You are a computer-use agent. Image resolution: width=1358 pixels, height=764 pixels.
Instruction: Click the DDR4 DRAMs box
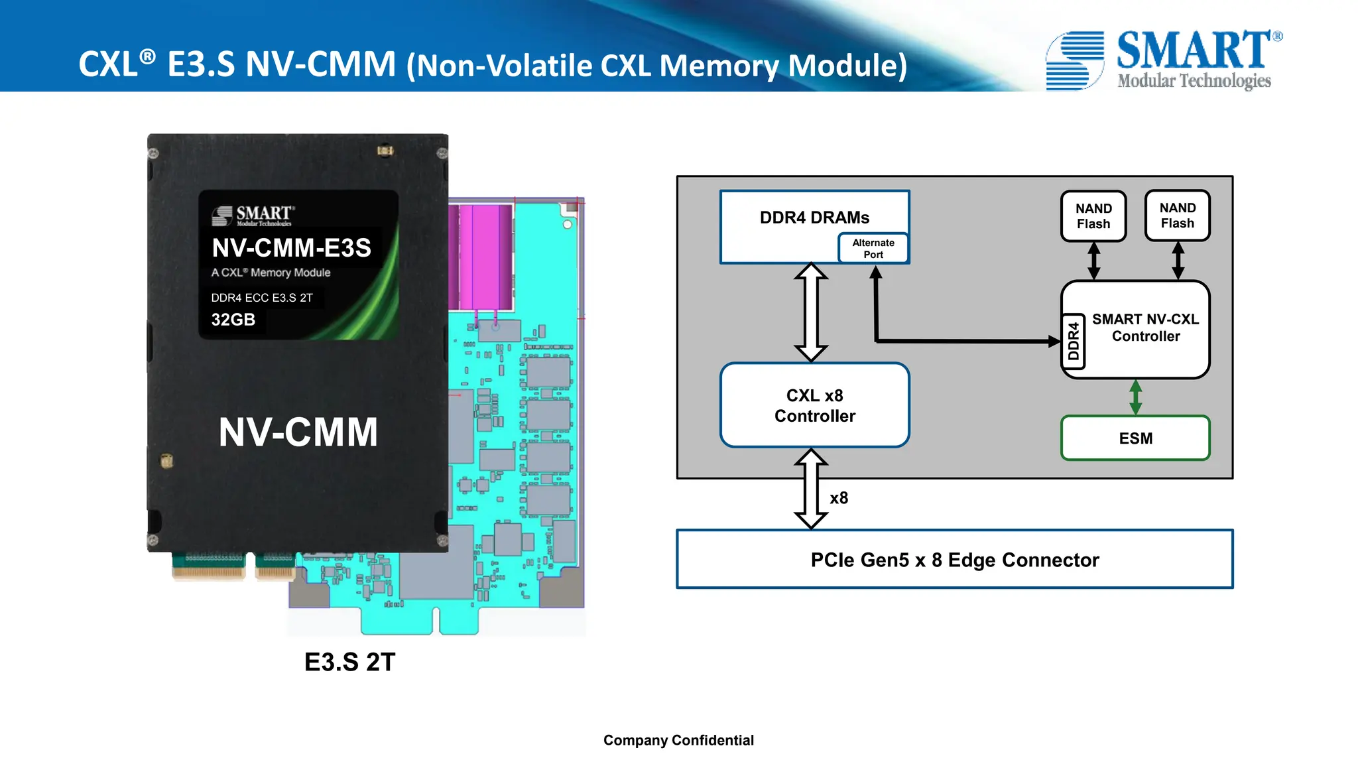coord(814,217)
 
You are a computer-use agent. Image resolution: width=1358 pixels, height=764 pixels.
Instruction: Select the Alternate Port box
coord(873,249)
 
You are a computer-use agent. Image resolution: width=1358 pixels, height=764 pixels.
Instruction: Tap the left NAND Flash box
coord(1093,216)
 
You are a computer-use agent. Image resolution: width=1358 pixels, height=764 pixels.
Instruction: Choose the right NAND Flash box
coord(1178,216)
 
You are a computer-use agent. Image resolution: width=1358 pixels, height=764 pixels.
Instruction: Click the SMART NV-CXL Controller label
coord(1145,328)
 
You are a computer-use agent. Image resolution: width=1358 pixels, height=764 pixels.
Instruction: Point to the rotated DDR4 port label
coord(1074,341)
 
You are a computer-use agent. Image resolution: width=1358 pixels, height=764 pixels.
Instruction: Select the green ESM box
coord(1135,438)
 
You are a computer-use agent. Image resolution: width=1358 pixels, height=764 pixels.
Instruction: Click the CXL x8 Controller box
coord(814,405)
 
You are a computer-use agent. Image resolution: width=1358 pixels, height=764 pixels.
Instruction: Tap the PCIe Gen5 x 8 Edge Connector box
coord(954,560)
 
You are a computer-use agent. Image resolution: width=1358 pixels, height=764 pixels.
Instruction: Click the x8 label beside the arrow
coord(839,498)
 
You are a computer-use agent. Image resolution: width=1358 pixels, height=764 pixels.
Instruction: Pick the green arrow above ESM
coord(1135,397)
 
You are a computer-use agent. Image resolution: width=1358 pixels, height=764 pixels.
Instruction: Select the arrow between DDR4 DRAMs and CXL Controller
coord(810,312)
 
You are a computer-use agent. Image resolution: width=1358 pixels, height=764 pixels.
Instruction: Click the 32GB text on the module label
coord(233,320)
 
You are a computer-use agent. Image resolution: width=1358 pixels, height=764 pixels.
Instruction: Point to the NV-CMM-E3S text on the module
coord(291,248)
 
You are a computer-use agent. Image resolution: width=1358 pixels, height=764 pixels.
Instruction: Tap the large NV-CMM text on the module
coord(298,432)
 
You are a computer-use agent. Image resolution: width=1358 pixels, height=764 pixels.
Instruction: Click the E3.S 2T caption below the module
coord(349,662)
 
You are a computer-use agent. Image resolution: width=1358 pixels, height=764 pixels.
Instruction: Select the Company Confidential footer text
coord(678,740)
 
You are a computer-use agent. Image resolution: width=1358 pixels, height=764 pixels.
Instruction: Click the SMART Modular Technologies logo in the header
coord(1164,60)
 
